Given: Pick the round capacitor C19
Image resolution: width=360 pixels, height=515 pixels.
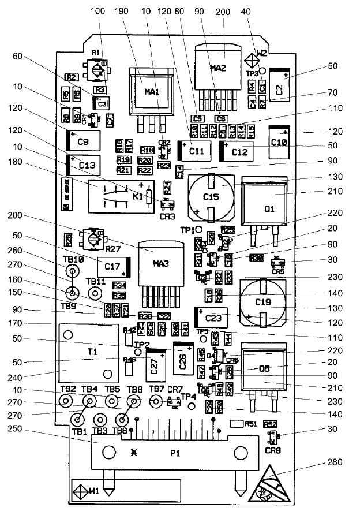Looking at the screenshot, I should pos(263,301).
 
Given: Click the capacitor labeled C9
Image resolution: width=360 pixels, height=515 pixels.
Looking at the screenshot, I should pos(83,141).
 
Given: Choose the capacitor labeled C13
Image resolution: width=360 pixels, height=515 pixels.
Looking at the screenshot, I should pos(84,165).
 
